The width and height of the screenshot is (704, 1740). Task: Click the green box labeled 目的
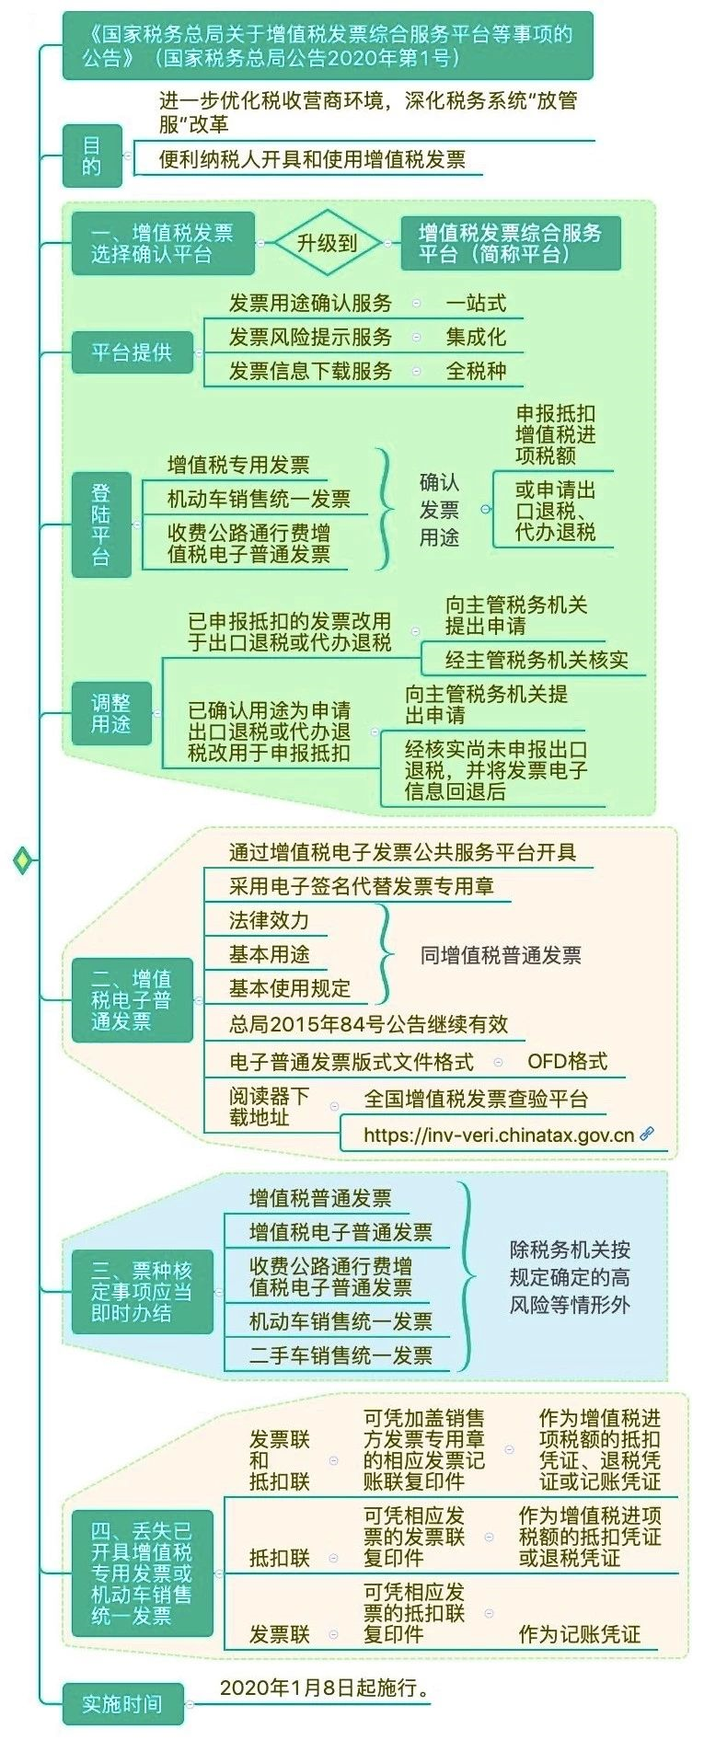point(92,156)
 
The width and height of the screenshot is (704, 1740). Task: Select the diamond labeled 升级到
point(327,243)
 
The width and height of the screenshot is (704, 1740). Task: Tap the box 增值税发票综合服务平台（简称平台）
point(511,243)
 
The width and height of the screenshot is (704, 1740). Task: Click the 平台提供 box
point(132,352)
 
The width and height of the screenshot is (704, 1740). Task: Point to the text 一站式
point(476,303)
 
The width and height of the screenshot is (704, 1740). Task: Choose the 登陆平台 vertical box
point(100,524)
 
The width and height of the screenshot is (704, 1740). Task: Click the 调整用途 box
point(111,713)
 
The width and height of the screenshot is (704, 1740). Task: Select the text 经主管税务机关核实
point(537,660)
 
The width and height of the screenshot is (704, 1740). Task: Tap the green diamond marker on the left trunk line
point(23,860)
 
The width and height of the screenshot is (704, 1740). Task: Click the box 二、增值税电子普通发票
point(132,1000)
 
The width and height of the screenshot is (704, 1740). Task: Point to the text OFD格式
point(567,1061)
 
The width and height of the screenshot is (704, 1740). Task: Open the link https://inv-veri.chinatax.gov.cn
point(499,1135)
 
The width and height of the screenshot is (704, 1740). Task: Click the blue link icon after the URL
point(647,1134)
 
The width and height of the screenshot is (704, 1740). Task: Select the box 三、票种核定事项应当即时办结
point(142,1292)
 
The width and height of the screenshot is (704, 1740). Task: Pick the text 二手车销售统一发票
point(340,1355)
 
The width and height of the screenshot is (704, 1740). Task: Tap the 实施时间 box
point(122,1704)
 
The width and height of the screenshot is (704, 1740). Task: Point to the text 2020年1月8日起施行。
point(325,1688)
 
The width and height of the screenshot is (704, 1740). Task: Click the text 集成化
point(476,337)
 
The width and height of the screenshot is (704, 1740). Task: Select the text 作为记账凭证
point(580,1634)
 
